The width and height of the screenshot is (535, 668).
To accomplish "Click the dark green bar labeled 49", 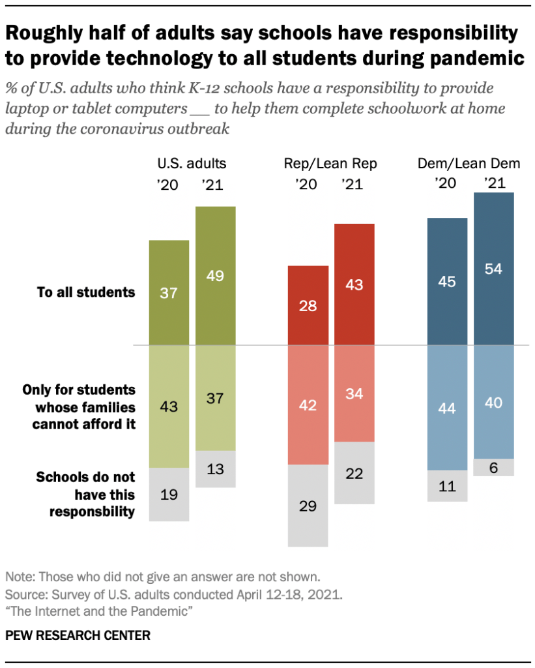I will coord(216,275).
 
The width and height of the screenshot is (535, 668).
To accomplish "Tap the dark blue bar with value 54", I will coord(493,268).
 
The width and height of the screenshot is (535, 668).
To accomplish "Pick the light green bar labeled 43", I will coord(169,406).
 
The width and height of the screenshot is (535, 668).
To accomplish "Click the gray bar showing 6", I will coord(493,467).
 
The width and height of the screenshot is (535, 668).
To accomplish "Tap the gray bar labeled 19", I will coord(169,494).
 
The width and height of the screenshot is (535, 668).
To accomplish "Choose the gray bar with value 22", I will coord(354,472).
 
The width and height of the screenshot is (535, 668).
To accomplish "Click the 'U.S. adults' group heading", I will coord(192,164).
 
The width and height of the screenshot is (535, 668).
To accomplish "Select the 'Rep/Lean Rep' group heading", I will coord(330,164).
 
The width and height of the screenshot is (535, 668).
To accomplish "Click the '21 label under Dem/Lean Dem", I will coord(493,183).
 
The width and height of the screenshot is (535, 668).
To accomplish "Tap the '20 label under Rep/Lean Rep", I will coord(307,185).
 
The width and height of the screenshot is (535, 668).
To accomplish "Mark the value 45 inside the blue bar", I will coord(447,282).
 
